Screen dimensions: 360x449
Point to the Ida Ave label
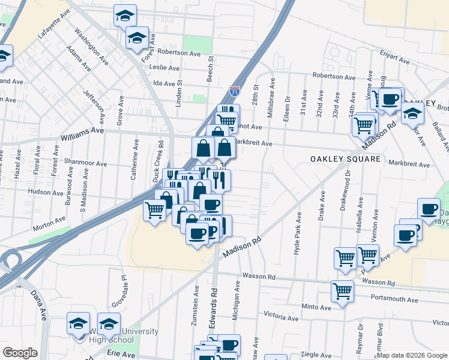pyautogui.click(x=160, y=84)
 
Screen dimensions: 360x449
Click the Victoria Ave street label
pyautogui.click(x=281, y=316)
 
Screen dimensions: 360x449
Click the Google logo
pyautogui.click(x=20, y=353)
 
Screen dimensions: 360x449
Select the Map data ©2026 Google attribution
pyautogui.click(x=412, y=355)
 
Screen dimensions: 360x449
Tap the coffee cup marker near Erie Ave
pyautogui.click(x=229, y=345)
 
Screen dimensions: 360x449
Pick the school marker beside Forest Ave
pyautogui.click(x=137, y=38)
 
